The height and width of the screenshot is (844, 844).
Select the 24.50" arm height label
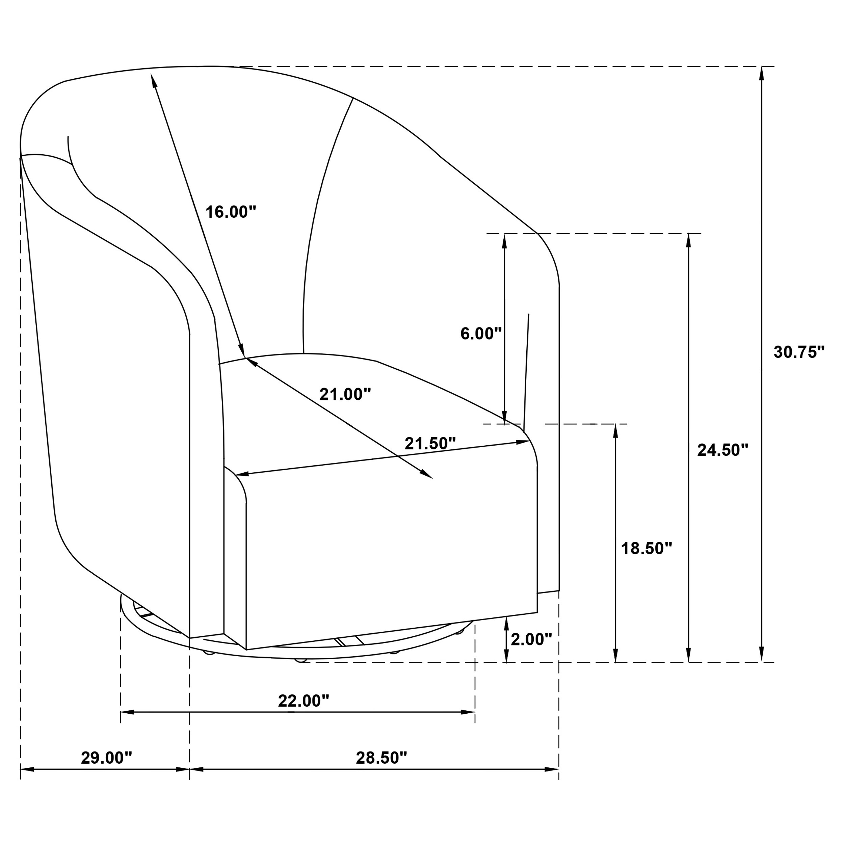click(x=722, y=450)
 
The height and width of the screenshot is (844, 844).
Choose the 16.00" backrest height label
click(x=231, y=212)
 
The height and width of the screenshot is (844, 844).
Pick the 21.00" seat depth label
click(x=345, y=394)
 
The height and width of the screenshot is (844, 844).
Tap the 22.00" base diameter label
click(x=303, y=701)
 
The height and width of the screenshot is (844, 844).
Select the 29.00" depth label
click(x=106, y=758)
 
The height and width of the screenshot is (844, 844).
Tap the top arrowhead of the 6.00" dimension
click(x=505, y=241)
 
